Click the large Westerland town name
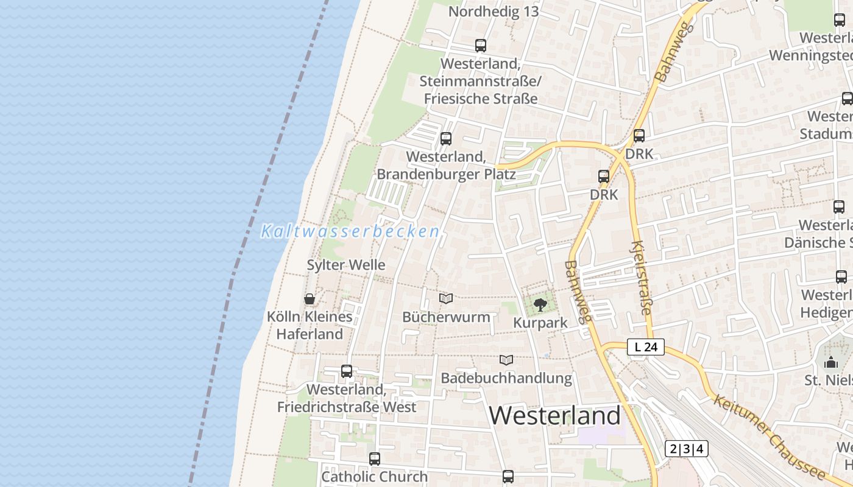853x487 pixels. pyautogui.click(x=554, y=416)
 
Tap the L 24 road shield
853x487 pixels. pyautogui.click(x=646, y=348)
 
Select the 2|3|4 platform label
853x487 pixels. pyautogui.click(x=687, y=449)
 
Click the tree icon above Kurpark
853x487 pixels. pyautogui.click(x=540, y=304)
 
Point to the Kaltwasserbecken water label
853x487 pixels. pyautogui.click(x=350, y=232)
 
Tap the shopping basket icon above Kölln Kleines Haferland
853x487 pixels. pyautogui.click(x=310, y=299)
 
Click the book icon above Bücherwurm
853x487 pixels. pyautogui.click(x=446, y=299)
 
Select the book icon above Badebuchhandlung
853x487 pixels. pyautogui.click(x=506, y=360)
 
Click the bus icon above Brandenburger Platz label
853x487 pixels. pyautogui.click(x=446, y=139)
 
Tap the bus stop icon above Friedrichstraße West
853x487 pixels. pyautogui.click(x=347, y=371)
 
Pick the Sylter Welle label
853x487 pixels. pyautogui.click(x=346, y=265)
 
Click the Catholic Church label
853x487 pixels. pyautogui.click(x=374, y=477)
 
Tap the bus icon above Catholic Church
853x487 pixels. pyautogui.click(x=375, y=459)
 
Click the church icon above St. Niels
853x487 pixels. pyautogui.click(x=831, y=363)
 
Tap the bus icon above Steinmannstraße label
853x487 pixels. pyautogui.click(x=481, y=46)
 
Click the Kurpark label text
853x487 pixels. pyautogui.click(x=540, y=323)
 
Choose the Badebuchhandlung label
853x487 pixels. pyautogui.click(x=506, y=378)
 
